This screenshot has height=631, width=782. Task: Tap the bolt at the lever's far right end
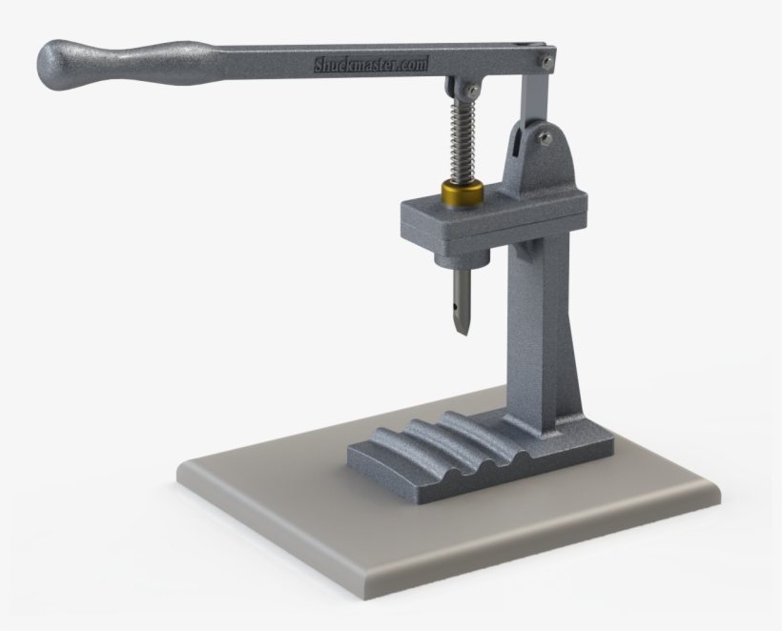[x=545, y=60]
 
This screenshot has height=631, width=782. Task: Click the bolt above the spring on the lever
[x=472, y=91]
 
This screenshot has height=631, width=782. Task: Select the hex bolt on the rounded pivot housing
[x=544, y=137]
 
